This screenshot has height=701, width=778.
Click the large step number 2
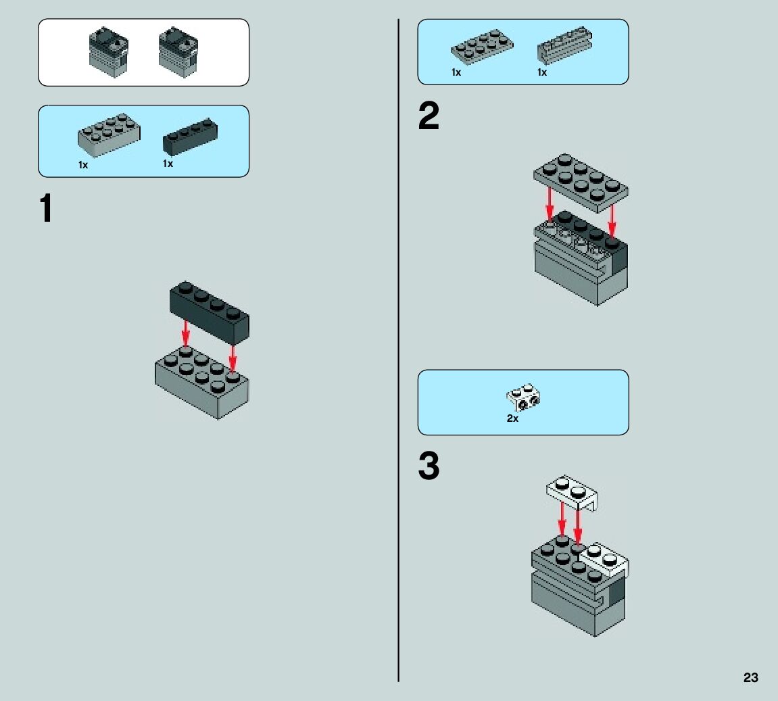(429, 118)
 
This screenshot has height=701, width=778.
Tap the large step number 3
(429, 466)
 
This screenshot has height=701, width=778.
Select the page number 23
(750, 678)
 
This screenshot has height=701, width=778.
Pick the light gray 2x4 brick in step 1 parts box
(109, 134)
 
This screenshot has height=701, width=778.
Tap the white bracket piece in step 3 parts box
(525, 399)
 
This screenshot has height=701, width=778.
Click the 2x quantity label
(512, 418)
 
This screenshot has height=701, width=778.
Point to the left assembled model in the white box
(107, 51)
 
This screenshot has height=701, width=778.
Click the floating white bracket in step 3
(572, 493)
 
